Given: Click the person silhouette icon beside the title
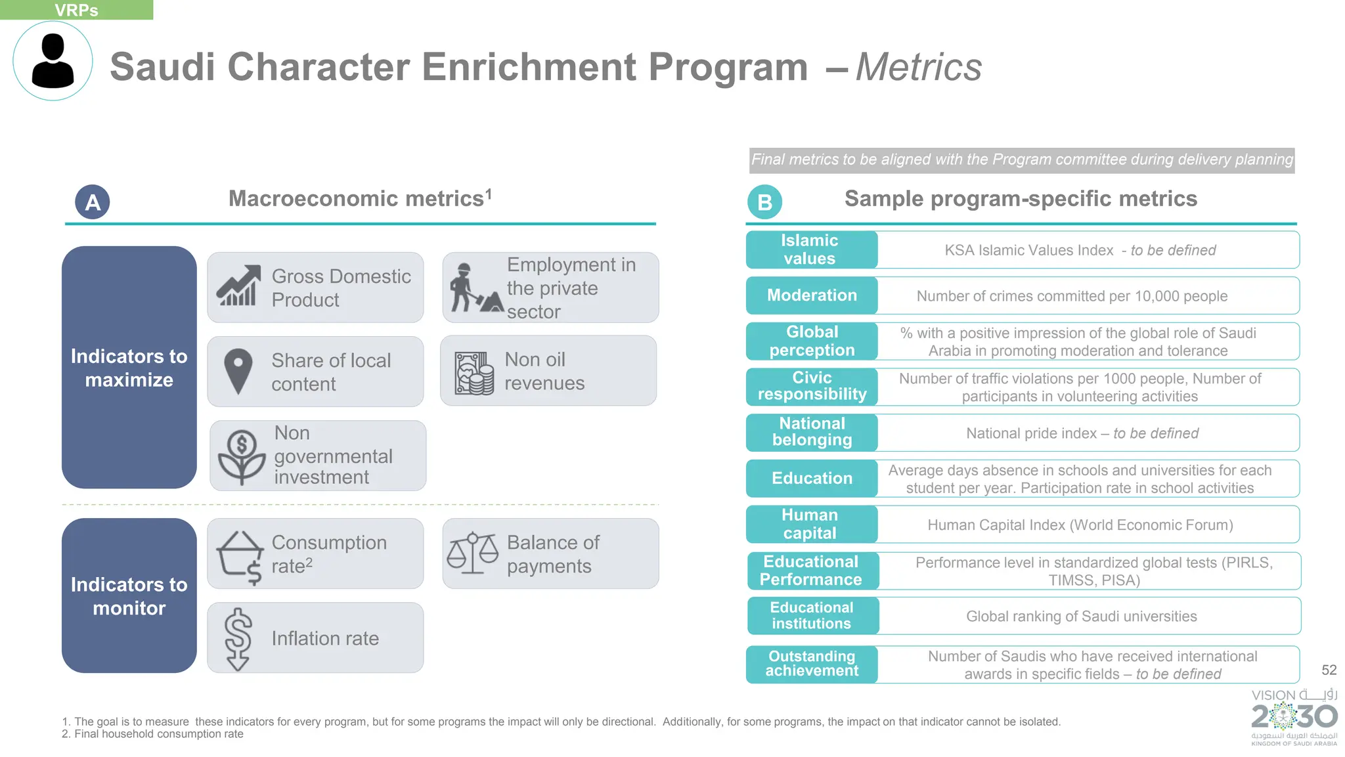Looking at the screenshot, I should pyautogui.click(x=53, y=61).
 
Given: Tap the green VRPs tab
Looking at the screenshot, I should pyautogui.click(x=76, y=10).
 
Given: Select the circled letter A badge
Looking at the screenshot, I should pyautogui.click(x=93, y=202).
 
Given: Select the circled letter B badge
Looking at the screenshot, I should pyautogui.click(x=764, y=202).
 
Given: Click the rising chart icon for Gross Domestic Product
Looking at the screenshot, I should pyautogui.click(x=238, y=286).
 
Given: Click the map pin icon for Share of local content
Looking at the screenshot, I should pyautogui.click(x=238, y=371).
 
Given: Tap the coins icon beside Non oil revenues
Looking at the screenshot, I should pyautogui.click(x=474, y=373).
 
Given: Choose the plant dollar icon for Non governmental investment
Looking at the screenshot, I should pyautogui.click(x=242, y=456).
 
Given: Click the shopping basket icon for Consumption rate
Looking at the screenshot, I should pyautogui.click(x=240, y=555).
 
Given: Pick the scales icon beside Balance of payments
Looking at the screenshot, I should pyautogui.click(x=473, y=553).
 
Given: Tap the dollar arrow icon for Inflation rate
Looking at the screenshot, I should pyautogui.click(x=238, y=638).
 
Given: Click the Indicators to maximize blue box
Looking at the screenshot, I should pyautogui.click(x=129, y=368).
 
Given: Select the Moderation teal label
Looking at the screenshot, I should pyautogui.click(x=812, y=295).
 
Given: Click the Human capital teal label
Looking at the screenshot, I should pyautogui.click(x=810, y=524).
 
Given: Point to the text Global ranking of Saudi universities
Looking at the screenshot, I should pyautogui.click(x=1081, y=616).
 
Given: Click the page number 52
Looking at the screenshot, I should pyautogui.click(x=1329, y=670).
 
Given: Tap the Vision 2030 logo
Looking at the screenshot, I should pyautogui.click(x=1294, y=717).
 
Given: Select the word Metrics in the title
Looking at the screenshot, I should pyautogui.click(x=918, y=67).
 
